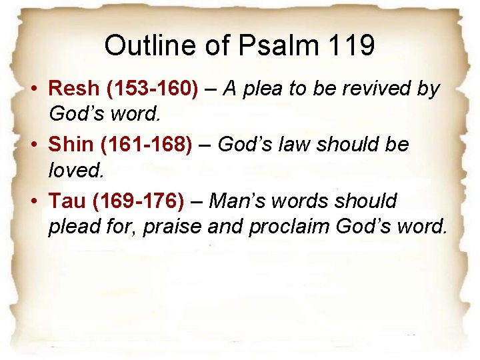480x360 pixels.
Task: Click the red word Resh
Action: (75, 89)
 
